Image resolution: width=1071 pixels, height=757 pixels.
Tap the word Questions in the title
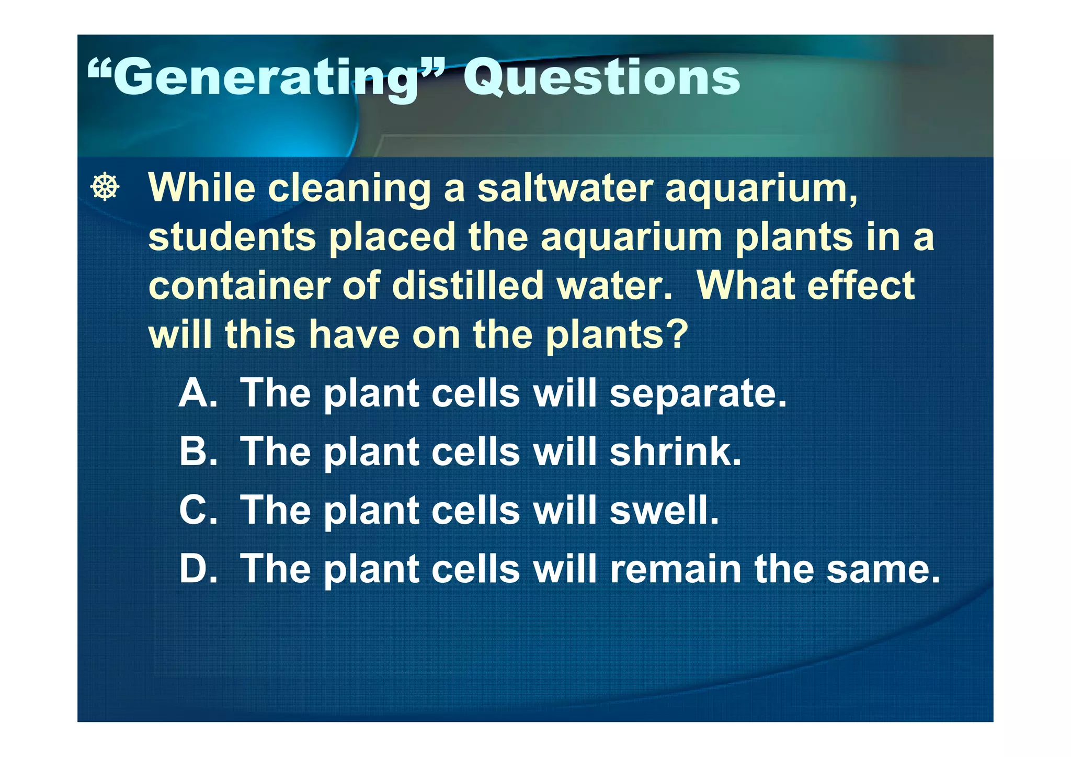pyautogui.click(x=601, y=77)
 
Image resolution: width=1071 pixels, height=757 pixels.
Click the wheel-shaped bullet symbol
pyautogui.click(x=105, y=187)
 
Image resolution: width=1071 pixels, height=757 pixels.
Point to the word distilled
pyautogui.click(x=468, y=286)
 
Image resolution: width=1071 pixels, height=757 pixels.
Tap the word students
pyautogui.click(x=232, y=237)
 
